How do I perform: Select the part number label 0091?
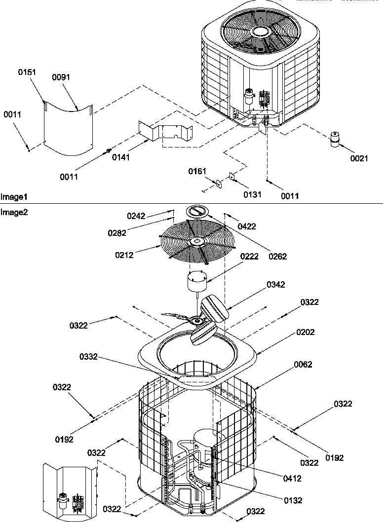point(61,77)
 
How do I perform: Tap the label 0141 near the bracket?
point(121,157)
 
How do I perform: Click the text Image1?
point(14,197)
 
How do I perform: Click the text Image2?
point(14,212)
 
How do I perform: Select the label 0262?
point(278,256)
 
